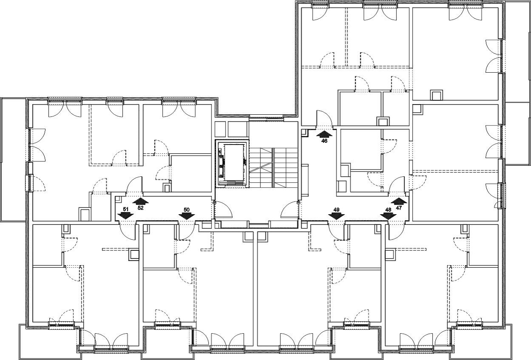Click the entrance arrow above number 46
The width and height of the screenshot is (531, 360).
pos(325,134)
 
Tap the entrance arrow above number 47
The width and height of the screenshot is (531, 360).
pos(399,201)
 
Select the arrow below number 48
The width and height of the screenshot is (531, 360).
pos(388,216)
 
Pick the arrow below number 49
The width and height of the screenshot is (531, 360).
pos(336,216)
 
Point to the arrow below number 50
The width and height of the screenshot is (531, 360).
pos(186,216)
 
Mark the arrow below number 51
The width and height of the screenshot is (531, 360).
pos(126,215)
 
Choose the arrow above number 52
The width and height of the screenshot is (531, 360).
pos(140,201)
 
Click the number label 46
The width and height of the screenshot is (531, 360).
pos(324,141)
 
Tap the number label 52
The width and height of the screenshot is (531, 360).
pos(141,208)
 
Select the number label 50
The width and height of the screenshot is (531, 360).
pos(186,210)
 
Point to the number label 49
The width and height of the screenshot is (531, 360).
pos(336,210)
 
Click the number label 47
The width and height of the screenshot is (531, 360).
pos(399,208)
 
